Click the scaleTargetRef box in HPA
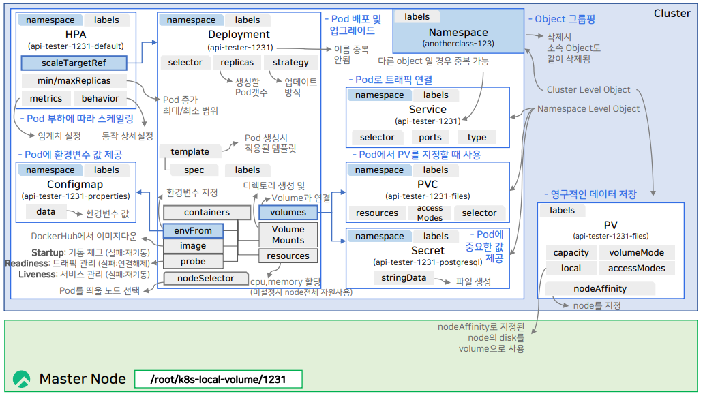pyautogui.click(x=74, y=63)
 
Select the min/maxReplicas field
pyautogui.click(x=74, y=81)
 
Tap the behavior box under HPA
pyautogui.click(x=100, y=99)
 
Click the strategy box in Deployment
pyautogui.click(x=290, y=63)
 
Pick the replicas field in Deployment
pyautogui.click(x=237, y=63)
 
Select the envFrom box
pyautogui.click(x=193, y=230)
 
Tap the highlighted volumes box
pyautogui.click(x=288, y=212)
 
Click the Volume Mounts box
pyautogui.click(x=288, y=235)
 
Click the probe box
pyautogui.click(x=193, y=261)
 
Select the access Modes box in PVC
pyautogui.click(x=430, y=213)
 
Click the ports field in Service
pyautogui.click(x=430, y=137)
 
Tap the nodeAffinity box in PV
pyautogui.click(x=600, y=288)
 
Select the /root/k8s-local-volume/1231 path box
pyautogui.click(x=218, y=379)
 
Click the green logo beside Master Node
pyautogui.click(x=22, y=379)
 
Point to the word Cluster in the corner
pyautogui.click(x=672, y=13)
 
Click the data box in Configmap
pyautogui.click(x=46, y=212)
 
